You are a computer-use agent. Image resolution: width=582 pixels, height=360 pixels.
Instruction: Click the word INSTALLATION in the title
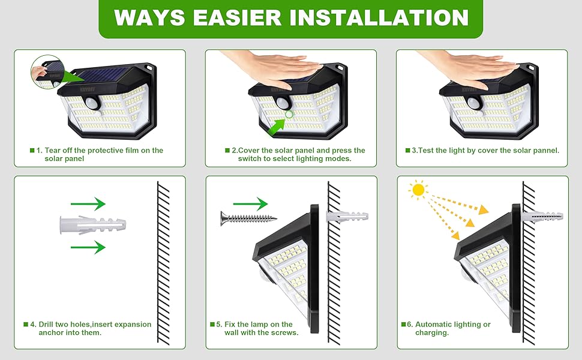pos(379,17)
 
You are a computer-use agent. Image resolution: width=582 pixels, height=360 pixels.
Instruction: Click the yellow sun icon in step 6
pos(418,190)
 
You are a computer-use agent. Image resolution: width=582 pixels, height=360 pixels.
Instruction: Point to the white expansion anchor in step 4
pos(93,226)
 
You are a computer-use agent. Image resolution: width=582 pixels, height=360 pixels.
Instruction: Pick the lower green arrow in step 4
pos(88,247)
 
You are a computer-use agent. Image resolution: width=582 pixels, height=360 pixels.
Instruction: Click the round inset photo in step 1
pos(46,73)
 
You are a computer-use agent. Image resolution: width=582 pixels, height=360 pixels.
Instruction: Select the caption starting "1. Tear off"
pos(99,154)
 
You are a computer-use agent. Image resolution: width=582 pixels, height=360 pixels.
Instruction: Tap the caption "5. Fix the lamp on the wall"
pos(258,328)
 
